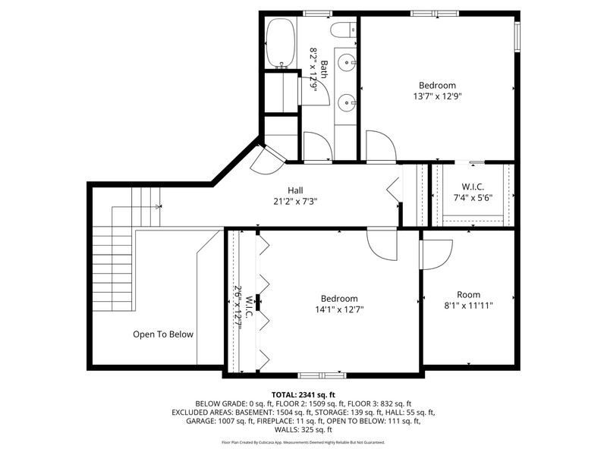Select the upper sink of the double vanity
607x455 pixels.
(x=346, y=61)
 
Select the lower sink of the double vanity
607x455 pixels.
(x=346, y=103)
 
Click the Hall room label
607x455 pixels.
(x=295, y=190)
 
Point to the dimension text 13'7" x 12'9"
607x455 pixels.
(x=438, y=96)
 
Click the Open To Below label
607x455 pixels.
(x=163, y=334)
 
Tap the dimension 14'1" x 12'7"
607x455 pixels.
(x=339, y=309)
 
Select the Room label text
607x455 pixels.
(x=468, y=294)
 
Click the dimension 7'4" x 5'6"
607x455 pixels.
(x=473, y=198)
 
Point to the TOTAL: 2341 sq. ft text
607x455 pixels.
(x=303, y=395)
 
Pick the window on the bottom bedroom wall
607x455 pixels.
(x=322, y=375)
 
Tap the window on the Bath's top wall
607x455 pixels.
(x=317, y=14)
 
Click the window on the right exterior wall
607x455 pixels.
(x=517, y=36)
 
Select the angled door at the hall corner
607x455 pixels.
(x=268, y=161)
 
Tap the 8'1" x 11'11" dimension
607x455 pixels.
(x=468, y=306)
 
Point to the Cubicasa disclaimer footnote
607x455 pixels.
(x=303, y=442)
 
